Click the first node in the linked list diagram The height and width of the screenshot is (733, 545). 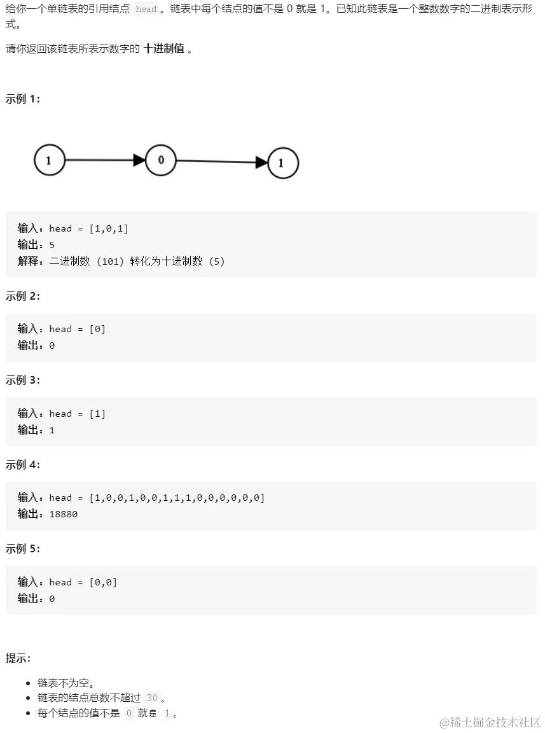pyautogui.click(x=50, y=160)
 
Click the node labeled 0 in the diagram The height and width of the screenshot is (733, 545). pyautogui.click(x=161, y=160)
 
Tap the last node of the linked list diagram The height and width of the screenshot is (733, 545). pyautogui.click(x=283, y=164)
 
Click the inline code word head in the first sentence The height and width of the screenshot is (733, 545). pyautogui.click(x=146, y=10)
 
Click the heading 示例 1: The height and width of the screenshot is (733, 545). pyautogui.click(x=23, y=99)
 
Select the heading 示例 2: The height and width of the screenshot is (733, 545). pyautogui.click(x=23, y=296)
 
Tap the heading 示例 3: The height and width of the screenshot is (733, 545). pyautogui.click(x=23, y=380)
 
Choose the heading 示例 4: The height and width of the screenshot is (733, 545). pyautogui.click(x=23, y=464)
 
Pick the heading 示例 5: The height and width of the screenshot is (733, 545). pyautogui.click(x=23, y=548)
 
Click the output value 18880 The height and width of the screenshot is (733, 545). pyautogui.click(x=63, y=514)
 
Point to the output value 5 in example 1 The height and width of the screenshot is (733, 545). pyautogui.click(x=52, y=245)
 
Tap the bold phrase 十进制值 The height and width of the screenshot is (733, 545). pyautogui.click(x=164, y=49)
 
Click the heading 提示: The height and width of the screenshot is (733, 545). pyautogui.click(x=18, y=658)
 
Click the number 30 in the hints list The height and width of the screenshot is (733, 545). pyautogui.click(x=151, y=698)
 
